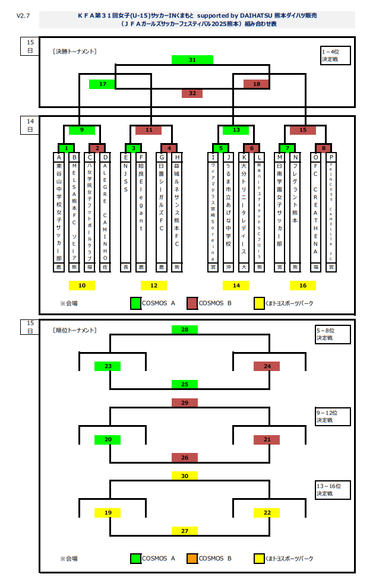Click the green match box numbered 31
click(192, 60)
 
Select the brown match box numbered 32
click(192, 93)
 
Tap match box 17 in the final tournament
click(102, 84)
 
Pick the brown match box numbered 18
click(257, 84)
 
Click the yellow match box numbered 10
click(82, 286)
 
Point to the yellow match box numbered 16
click(303, 286)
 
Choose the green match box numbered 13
click(236, 130)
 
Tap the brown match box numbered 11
click(148, 130)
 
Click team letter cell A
click(59, 157)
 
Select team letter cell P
click(331, 157)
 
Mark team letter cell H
click(176, 157)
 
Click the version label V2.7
click(23, 16)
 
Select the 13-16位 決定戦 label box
click(333, 489)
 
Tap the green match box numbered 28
click(185, 329)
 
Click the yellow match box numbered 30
click(185, 476)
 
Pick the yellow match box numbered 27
click(185, 531)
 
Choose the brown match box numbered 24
click(267, 366)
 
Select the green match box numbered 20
click(108, 440)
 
